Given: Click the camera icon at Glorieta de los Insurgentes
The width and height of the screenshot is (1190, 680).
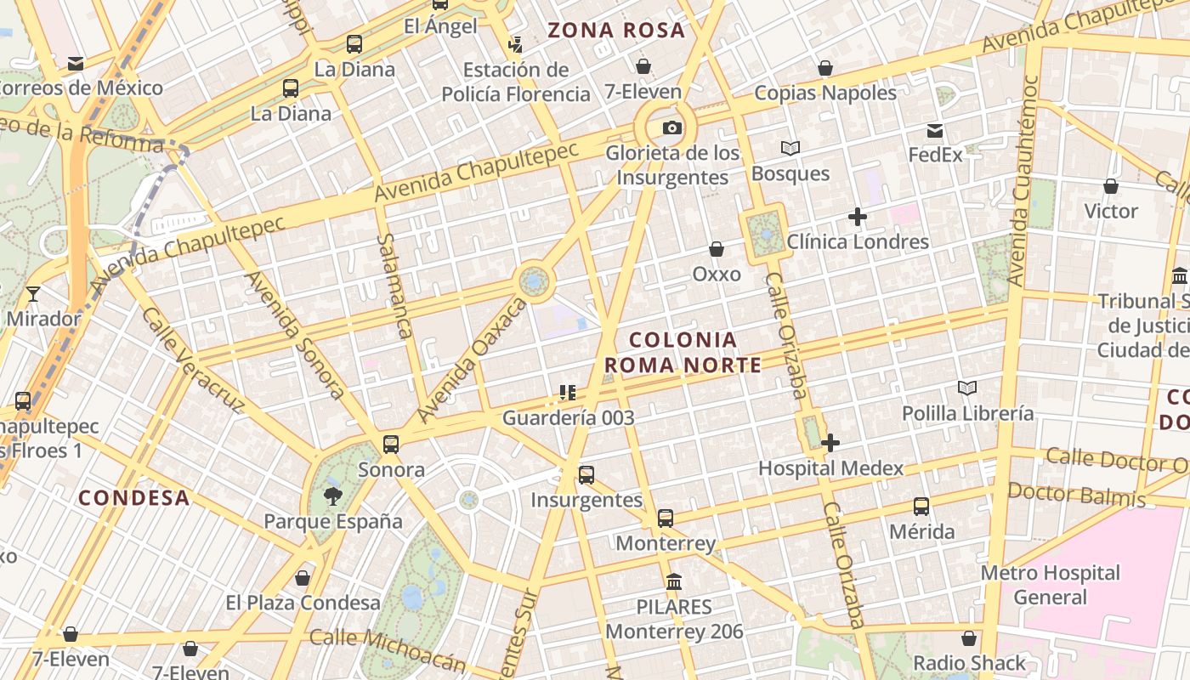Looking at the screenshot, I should click(671, 128).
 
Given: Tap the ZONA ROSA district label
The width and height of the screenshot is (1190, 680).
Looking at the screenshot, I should click(616, 31).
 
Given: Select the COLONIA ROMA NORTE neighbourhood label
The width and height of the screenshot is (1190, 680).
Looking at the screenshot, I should click(683, 352).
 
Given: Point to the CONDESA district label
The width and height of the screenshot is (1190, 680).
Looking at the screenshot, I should click(134, 498).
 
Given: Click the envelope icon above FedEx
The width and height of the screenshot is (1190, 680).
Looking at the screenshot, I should click(935, 131).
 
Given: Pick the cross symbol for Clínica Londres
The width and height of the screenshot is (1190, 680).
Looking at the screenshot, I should click(858, 217).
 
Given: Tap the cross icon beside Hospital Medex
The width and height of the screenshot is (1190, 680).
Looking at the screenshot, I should click(830, 442).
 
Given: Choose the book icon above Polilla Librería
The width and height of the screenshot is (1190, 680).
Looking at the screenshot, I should click(967, 388).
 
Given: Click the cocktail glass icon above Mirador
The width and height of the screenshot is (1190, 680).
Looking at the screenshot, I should click(33, 294).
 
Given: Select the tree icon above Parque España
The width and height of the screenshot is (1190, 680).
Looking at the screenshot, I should click(332, 496).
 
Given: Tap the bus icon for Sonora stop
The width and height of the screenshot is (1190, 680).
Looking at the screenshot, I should click(391, 444).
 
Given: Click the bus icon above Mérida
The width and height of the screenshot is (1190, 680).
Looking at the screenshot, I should click(921, 507).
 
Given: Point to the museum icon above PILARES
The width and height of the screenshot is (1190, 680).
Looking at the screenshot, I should click(674, 582).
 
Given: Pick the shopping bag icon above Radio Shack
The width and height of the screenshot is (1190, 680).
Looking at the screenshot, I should click(969, 638).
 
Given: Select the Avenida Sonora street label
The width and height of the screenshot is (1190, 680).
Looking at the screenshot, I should click(294, 336).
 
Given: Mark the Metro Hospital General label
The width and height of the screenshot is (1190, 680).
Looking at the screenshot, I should click(1051, 585).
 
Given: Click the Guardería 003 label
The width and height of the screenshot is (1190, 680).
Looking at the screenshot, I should click(569, 417).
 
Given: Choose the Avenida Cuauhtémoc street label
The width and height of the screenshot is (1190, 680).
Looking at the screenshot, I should click(1023, 180).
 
